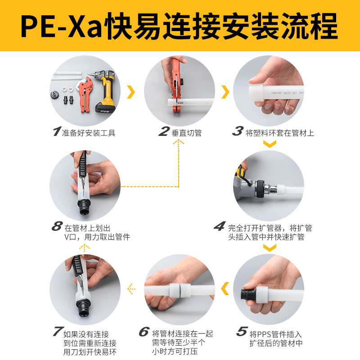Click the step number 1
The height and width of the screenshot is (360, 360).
[x=56, y=132]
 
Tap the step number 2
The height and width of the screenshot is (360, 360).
[x=164, y=132]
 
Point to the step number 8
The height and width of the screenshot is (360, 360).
[x=57, y=226]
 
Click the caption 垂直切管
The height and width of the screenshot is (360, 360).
[x=187, y=133]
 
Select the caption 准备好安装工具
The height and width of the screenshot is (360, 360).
[x=89, y=133]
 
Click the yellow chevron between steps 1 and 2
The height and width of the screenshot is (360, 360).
[x=131, y=92]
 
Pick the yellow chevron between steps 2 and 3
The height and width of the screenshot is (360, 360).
[x=225, y=92]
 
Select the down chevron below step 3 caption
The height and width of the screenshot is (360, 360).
[x=269, y=144]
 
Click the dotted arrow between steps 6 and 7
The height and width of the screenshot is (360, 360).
[x=131, y=287]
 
